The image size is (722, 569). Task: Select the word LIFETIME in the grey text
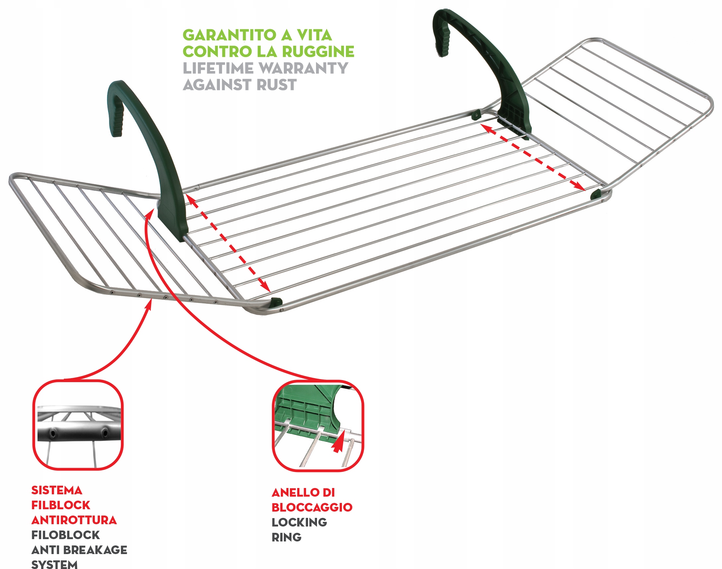[x=218, y=68]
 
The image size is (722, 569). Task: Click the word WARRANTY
[x=303, y=68]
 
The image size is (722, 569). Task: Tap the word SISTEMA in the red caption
[x=57, y=490]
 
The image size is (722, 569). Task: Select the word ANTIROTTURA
[x=74, y=520]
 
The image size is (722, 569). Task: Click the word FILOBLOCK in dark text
[x=65, y=535]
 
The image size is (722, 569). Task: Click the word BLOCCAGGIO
[x=312, y=507]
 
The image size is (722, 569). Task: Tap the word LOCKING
[x=299, y=522]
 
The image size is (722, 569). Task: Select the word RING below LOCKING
[x=286, y=537]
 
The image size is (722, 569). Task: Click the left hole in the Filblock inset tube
[x=53, y=433]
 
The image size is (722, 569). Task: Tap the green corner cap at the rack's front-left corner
[x=277, y=302]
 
